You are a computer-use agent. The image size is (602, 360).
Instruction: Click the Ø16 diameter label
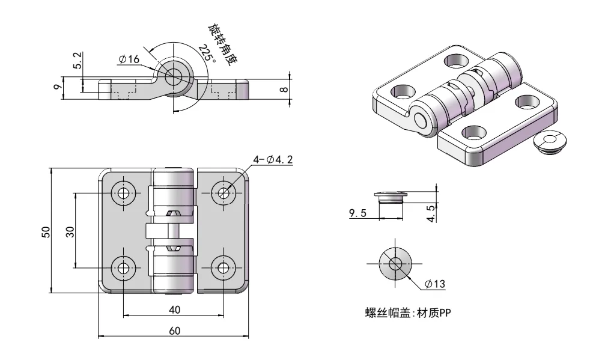click(x=129, y=59)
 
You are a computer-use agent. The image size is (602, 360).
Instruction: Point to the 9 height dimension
click(x=57, y=85)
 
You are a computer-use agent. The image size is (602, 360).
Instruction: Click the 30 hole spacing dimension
click(x=70, y=231)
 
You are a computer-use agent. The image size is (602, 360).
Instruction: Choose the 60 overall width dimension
click(x=174, y=331)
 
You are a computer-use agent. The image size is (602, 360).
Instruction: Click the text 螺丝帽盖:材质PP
click(x=404, y=314)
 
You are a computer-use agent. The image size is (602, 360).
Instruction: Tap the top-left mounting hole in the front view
click(x=124, y=193)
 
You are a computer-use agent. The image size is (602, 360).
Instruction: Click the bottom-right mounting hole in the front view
click(x=224, y=268)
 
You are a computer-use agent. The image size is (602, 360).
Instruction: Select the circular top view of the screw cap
click(x=395, y=263)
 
